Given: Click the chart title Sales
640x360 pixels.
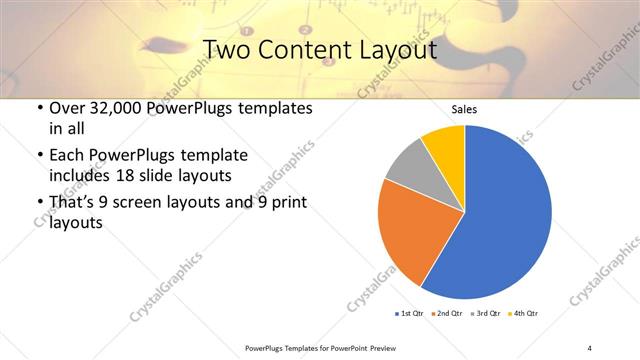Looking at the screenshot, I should (x=464, y=109).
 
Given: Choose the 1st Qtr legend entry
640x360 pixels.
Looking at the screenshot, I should (x=409, y=314).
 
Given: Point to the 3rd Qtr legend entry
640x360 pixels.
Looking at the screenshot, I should (x=483, y=314).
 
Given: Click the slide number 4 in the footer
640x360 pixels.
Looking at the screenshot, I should (x=590, y=347).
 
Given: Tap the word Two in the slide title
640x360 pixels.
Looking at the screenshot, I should (x=226, y=50).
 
